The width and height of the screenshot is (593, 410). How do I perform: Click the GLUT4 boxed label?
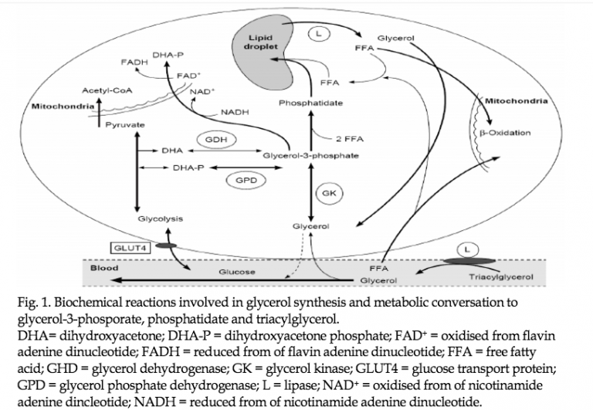(x=130, y=248)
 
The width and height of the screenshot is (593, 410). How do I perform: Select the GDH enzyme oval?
(x=216, y=140)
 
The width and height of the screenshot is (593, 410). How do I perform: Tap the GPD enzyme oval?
(x=246, y=181)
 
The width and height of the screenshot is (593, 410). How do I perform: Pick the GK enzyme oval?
(x=329, y=193)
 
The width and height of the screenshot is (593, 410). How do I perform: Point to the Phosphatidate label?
(x=311, y=103)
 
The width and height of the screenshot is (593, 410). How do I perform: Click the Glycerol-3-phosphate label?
(x=310, y=155)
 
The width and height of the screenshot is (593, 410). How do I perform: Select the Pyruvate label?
(x=125, y=125)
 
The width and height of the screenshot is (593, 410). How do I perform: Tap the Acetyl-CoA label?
(x=107, y=91)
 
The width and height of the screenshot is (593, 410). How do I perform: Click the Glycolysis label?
(x=161, y=219)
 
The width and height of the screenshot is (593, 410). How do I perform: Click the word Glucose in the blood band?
(x=237, y=272)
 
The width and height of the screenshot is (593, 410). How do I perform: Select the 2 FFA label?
(x=350, y=139)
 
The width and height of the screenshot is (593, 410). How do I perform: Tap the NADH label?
(x=235, y=112)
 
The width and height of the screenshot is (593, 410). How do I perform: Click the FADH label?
(x=134, y=62)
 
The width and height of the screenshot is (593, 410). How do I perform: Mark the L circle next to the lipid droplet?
(x=318, y=34)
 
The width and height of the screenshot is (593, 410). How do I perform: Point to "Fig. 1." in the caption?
(x=34, y=302)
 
